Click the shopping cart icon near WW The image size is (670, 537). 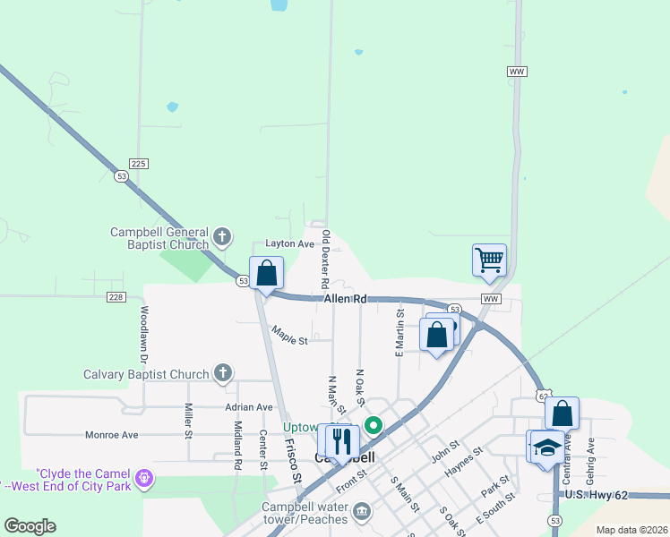(x=490, y=260)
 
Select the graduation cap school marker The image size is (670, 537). (x=545, y=447)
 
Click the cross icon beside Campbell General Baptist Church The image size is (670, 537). (x=223, y=238)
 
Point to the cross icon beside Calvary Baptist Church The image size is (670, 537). (x=223, y=374)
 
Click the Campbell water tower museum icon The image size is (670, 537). (x=361, y=511)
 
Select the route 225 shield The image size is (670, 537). (x=138, y=164)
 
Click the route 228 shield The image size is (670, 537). (x=116, y=296)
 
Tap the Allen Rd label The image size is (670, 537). (x=346, y=298)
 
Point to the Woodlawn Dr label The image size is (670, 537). (x=143, y=334)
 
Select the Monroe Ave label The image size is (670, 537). (x=111, y=435)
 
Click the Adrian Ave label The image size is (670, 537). (x=249, y=406)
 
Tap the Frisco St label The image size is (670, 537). (x=291, y=460)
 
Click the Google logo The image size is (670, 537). (x=30, y=526)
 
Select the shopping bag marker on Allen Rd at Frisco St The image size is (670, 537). (x=267, y=273)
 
